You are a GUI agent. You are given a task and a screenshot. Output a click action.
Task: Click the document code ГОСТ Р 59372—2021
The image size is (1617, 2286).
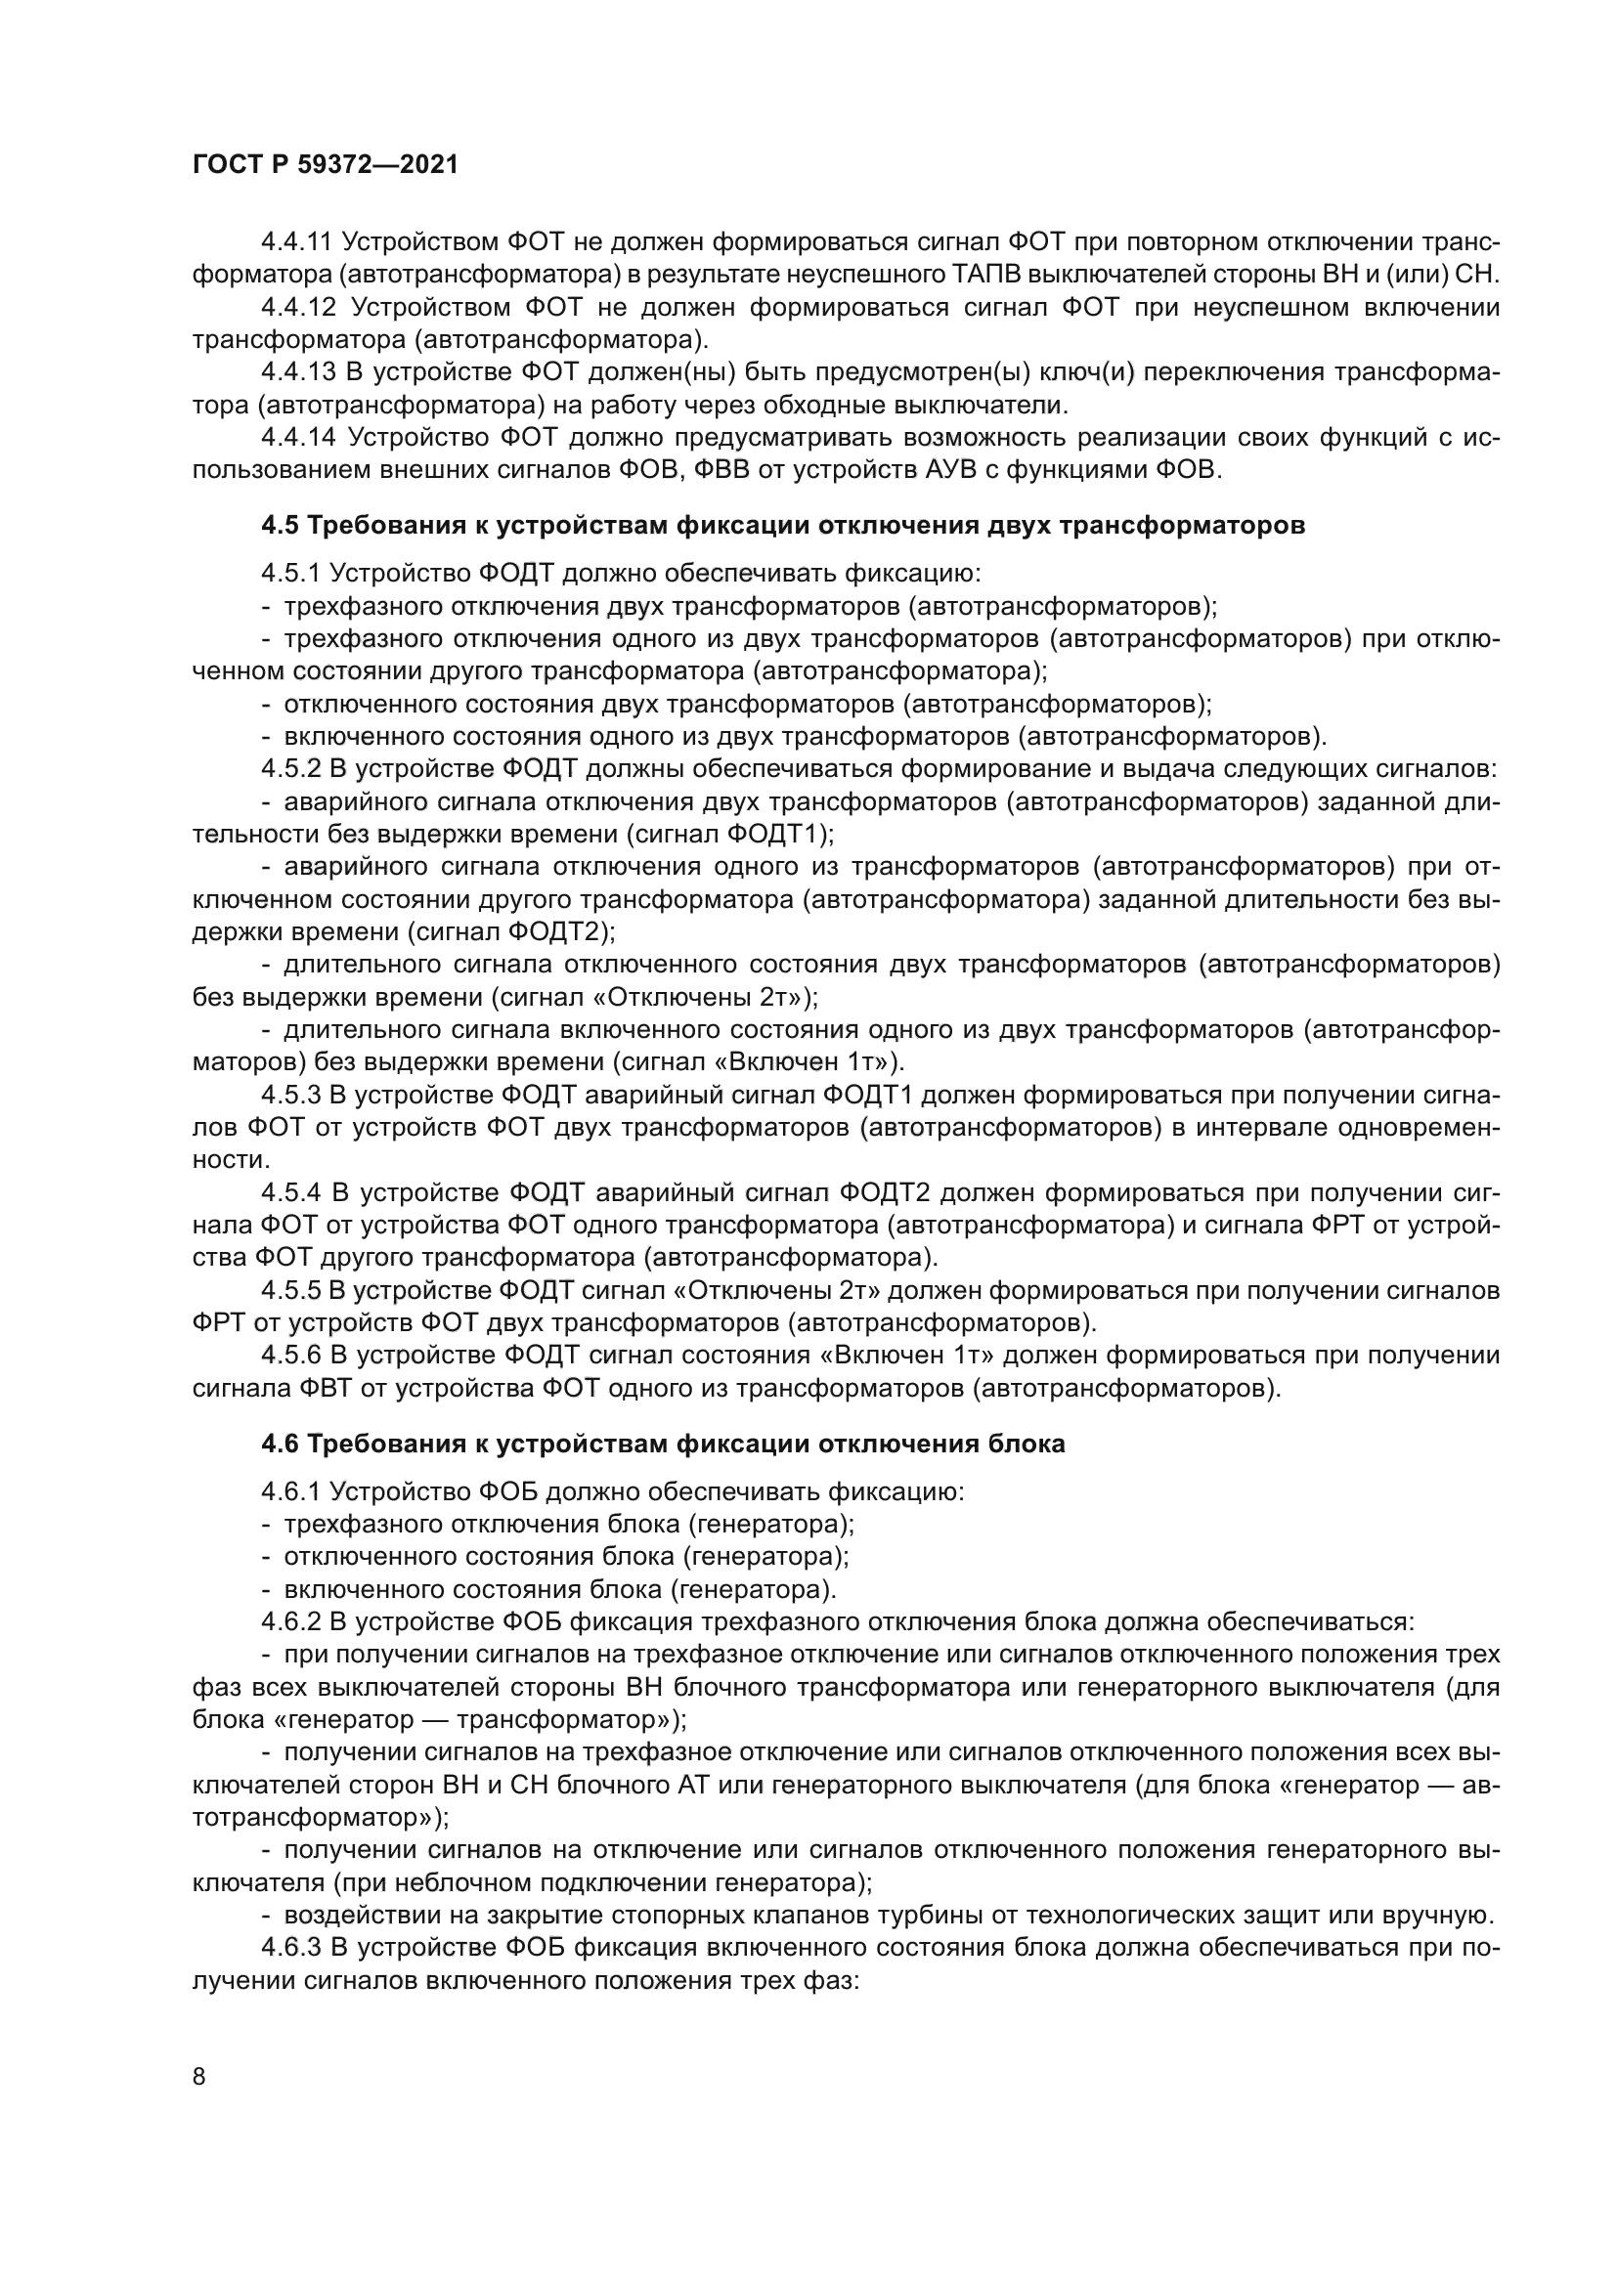point(325,165)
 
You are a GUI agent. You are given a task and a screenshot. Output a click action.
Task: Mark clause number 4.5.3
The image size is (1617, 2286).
point(291,1096)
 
